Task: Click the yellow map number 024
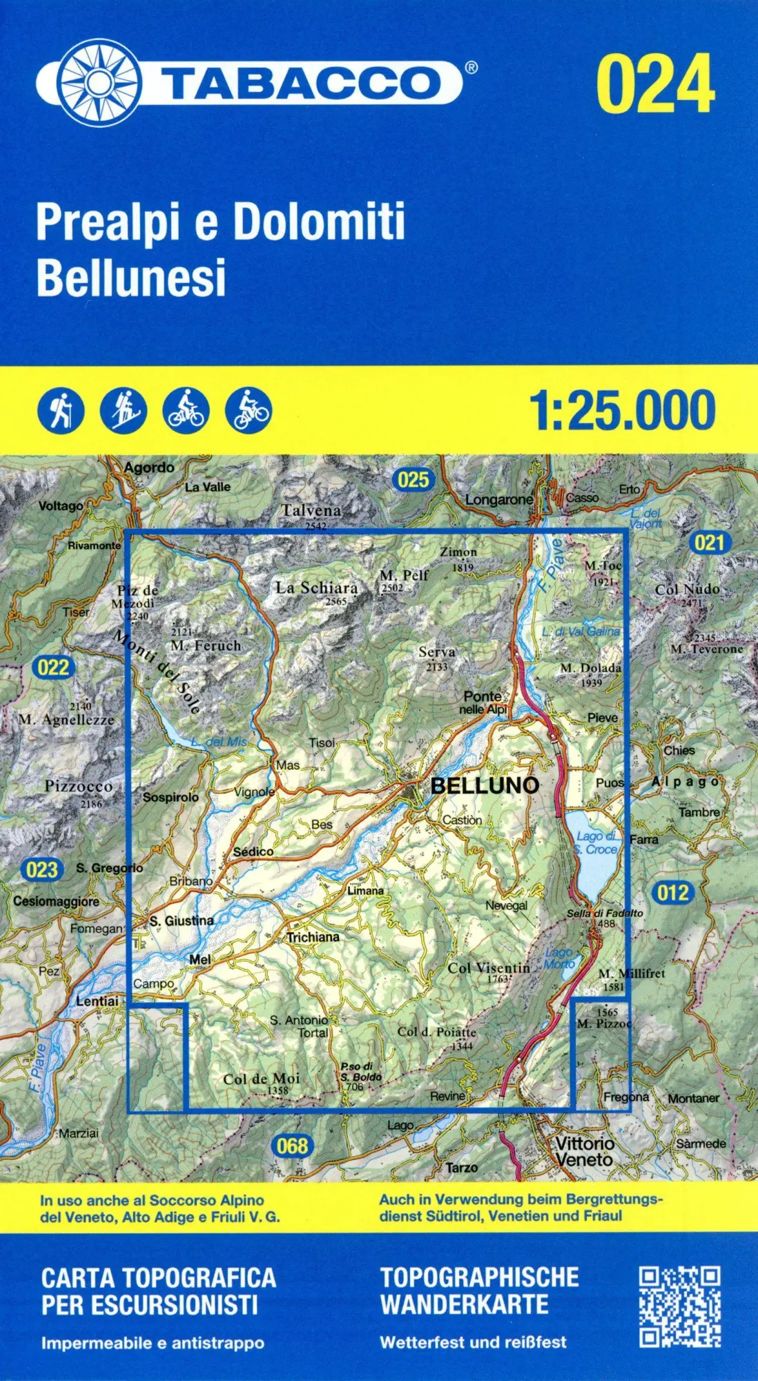tap(655, 84)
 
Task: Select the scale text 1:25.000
tap(622, 410)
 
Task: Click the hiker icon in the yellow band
tap(61, 410)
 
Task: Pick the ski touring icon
tap(124, 410)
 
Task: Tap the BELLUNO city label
tap(485, 785)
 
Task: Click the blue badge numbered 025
tap(413, 479)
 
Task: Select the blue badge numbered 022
tap(53, 667)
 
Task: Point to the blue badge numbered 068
tap(292, 1146)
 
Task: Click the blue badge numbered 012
tap(673, 893)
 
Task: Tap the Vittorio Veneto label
tap(584, 1151)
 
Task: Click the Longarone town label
tap(498, 499)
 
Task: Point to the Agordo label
tap(149, 467)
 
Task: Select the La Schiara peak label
tap(317, 588)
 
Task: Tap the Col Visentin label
tap(489, 968)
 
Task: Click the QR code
tap(680, 1306)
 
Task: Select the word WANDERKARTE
tap(465, 1304)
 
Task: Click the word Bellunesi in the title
tap(131, 277)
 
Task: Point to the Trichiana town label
tap(313, 937)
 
